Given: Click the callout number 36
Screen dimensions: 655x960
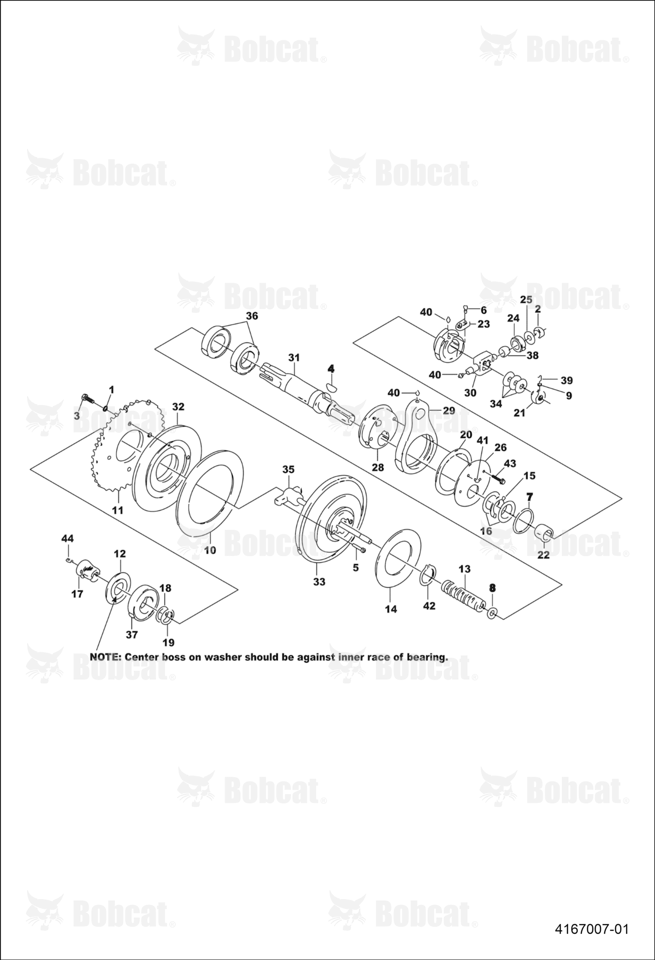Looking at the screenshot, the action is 252,316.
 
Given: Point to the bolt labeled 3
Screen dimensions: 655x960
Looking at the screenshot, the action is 88,399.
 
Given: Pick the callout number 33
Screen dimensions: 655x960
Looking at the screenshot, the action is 319,582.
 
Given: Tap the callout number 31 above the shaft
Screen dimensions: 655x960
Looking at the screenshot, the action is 294,357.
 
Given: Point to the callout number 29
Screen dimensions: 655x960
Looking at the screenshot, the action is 449,410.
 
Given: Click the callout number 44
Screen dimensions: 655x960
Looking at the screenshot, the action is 67,539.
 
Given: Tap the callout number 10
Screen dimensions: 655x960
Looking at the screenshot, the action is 210,550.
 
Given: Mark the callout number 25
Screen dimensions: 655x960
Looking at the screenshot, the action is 526,300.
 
